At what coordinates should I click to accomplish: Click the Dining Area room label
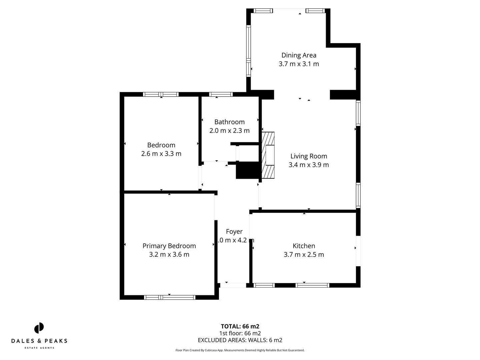point(299,55)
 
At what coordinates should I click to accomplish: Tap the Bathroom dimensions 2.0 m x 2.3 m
point(229,131)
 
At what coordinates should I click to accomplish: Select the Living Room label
point(309,156)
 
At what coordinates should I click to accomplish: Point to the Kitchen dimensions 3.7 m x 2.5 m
point(304,255)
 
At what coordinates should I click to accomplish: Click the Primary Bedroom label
point(169,246)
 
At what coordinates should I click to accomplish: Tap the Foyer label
point(234,232)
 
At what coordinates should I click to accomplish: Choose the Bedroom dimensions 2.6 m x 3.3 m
point(161,154)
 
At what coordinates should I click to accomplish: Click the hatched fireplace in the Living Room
point(268,155)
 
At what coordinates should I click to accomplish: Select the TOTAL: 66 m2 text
point(240,326)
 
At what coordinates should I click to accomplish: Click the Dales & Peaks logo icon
point(39,328)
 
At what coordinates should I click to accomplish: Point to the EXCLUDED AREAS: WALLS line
point(240,340)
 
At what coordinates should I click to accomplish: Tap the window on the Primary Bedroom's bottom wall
point(170,297)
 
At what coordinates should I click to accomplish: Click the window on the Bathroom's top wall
point(221,94)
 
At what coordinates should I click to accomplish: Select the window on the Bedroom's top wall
point(161,94)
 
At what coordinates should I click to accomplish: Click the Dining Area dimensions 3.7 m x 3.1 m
point(299,64)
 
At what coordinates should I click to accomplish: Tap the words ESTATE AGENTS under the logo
point(39,348)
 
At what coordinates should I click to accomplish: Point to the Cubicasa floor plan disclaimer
point(240,350)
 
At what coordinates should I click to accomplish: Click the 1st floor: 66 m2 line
point(240,333)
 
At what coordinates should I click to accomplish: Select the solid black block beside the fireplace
point(247,170)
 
